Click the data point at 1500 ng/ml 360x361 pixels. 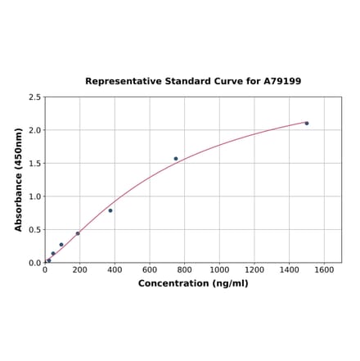point(307,124)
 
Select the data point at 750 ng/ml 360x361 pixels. point(176,159)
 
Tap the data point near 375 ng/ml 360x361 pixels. point(110,210)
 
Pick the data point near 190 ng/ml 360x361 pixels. point(78,233)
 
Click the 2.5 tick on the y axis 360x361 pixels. point(35,97)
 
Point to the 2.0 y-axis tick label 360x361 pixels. point(35,130)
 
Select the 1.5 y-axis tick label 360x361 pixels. point(35,164)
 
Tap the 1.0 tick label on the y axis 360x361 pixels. point(35,196)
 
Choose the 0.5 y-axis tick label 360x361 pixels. point(35,230)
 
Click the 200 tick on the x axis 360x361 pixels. point(80,270)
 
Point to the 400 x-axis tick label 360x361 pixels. point(115,270)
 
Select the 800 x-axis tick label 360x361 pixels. point(185,270)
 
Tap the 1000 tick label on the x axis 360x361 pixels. point(219,270)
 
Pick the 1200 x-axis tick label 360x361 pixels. point(254,270)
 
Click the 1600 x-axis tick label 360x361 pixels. point(324,270)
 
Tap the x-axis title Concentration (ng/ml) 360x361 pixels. point(193,283)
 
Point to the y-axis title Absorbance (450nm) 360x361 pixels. point(19,179)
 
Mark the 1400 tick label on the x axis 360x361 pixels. point(290,270)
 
